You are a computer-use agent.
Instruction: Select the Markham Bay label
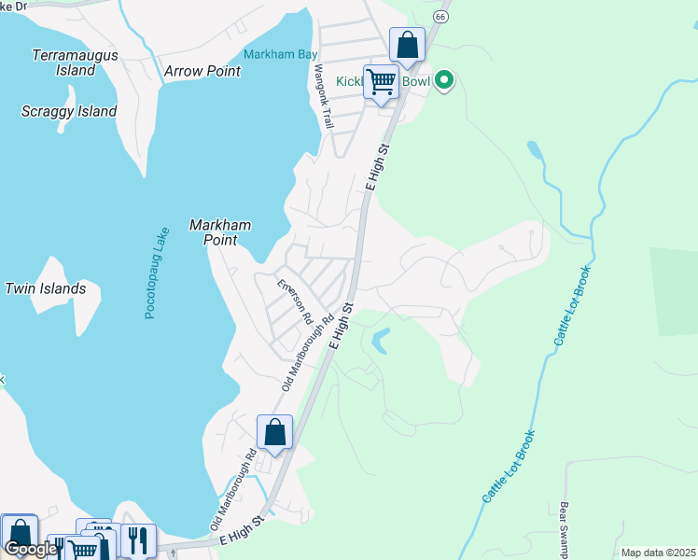pyautogui.click(x=281, y=54)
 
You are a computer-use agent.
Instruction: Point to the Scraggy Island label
pyautogui.click(x=69, y=112)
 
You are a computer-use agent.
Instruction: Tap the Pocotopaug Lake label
pyautogui.click(x=156, y=273)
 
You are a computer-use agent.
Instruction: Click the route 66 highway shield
pyautogui.click(x=440, y=17)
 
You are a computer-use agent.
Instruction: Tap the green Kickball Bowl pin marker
pyautogui.click(x=445, y=81)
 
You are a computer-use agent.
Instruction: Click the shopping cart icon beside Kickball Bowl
pyautogui.click(x=381, y=82)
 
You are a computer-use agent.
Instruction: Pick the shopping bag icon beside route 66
pyautogui.click(x=407, y=44)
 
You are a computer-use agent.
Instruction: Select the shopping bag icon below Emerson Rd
pyautogui.click(x=274, y=432)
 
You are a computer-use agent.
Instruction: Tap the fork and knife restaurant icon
pyautogui.click(x=137, y=539)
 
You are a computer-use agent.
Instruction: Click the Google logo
pyautogui.click(x=30, y=549)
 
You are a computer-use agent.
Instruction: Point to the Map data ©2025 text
pyautogui.click(x=658, y=553)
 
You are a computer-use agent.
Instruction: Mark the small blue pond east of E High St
pyautogui.click(x=380, y=341)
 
